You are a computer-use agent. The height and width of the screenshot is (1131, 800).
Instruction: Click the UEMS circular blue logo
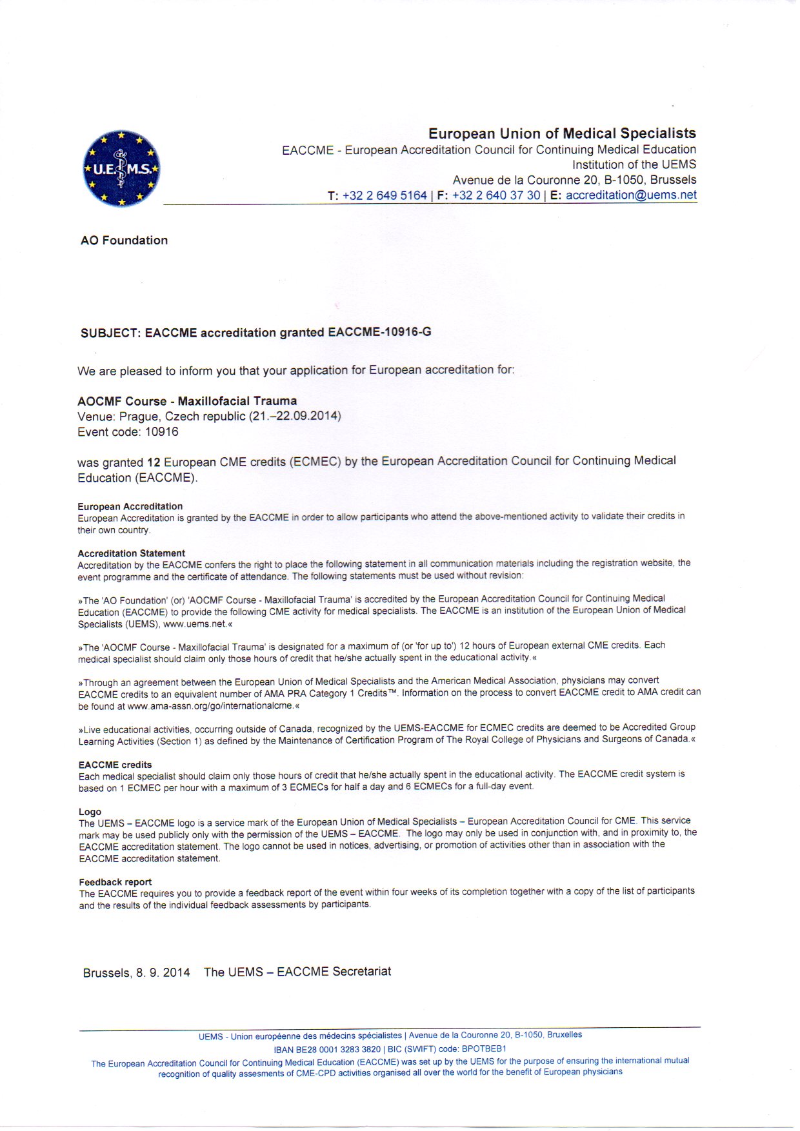[x=121, y=169]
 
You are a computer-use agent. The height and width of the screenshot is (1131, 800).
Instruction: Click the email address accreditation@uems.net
[x=631, y=195]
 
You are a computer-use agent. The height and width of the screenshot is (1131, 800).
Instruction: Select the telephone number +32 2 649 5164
[x=385, y=195]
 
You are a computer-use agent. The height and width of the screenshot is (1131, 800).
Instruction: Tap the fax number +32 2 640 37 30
[x=496, y=195]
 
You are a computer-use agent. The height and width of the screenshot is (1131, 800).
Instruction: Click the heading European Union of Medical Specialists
[x=562, y=133]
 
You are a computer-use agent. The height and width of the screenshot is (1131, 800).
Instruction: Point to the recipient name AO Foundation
[x=124, y=241]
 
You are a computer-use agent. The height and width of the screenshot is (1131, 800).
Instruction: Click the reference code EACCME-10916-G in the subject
[x=379, y=332]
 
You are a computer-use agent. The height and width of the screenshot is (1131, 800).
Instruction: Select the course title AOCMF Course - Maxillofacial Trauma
[x=187, y=401]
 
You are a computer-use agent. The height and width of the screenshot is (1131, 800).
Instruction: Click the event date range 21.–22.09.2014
[x=295, y=416]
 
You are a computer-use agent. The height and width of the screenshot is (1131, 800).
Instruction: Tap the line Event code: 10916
[x=128, y=432]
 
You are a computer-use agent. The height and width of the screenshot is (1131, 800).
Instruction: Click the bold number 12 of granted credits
[x=154, y=462]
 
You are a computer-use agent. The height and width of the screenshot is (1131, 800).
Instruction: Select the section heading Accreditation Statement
[x=131, y=553]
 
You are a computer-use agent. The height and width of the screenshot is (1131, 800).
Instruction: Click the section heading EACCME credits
[x=115, y=765]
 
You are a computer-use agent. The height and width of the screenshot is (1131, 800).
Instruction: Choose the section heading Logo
[x=90, y=812]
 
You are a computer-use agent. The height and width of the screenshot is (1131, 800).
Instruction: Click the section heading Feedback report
[x=115, y=882]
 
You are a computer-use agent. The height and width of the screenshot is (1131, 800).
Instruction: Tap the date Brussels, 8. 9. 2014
[x=136, y=972]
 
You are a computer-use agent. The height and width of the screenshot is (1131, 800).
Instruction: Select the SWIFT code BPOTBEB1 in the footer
[x=484, y=1048]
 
